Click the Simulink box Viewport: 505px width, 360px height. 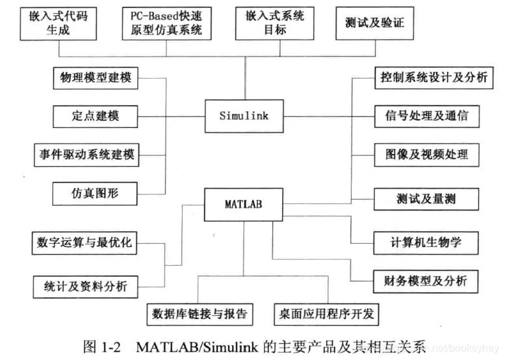point(244,117)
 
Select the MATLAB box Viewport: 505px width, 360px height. point(244,204)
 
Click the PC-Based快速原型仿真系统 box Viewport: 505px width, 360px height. point(166,23)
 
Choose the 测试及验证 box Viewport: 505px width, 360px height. point(374,23)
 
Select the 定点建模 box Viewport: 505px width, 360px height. point(95,116)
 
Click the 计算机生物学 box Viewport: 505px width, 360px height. point(425,242)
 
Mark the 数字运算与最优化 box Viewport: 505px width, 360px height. point(84,242)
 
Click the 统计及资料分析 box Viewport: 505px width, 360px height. point(84,284)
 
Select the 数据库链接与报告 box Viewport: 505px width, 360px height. point(199,314)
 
